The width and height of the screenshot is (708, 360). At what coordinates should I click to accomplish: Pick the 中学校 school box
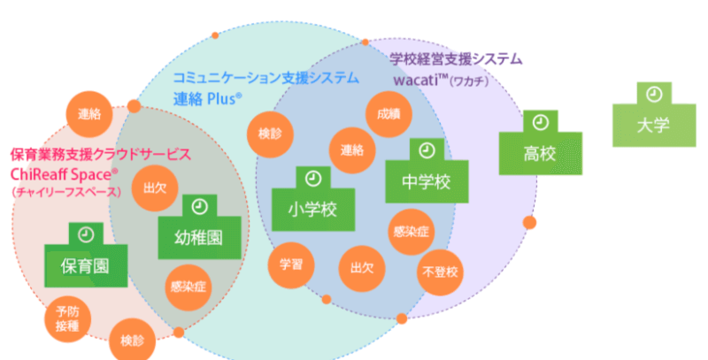(x=427, y=181)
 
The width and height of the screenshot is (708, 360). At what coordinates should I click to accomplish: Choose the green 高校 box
(x=539, y=153)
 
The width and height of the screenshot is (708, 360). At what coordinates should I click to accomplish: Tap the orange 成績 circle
(x=387, y=115)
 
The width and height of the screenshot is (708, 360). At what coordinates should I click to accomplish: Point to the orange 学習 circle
(x=291, y=264)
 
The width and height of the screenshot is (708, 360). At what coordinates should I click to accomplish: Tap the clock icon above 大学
(x=653, y=93)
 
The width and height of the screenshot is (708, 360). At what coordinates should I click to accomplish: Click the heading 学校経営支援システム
(x=456, y=59)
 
